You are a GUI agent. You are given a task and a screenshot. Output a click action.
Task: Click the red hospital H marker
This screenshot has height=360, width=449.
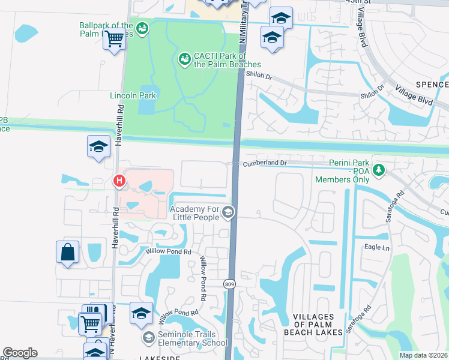(119, 180)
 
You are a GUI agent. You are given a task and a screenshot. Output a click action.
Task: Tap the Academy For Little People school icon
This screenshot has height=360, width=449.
(228, 212)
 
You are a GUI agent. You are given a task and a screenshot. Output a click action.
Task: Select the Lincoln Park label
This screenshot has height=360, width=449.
(133, 95)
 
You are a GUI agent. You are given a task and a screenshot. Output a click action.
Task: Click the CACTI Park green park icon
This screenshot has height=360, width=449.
(184, 59)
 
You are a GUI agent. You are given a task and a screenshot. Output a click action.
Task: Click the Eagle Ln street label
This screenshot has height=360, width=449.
(377, 247)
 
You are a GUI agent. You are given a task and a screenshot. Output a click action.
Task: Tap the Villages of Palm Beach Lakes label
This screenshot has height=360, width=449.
(318, 324)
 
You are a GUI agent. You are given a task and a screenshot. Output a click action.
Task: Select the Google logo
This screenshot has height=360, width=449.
(20, 353)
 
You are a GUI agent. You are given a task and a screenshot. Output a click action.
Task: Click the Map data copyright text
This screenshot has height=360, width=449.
(423, 355)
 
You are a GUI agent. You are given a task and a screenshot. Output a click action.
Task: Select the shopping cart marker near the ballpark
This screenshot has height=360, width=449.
(115, 40)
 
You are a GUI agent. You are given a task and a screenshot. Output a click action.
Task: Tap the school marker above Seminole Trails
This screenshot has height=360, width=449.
(141, 314)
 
